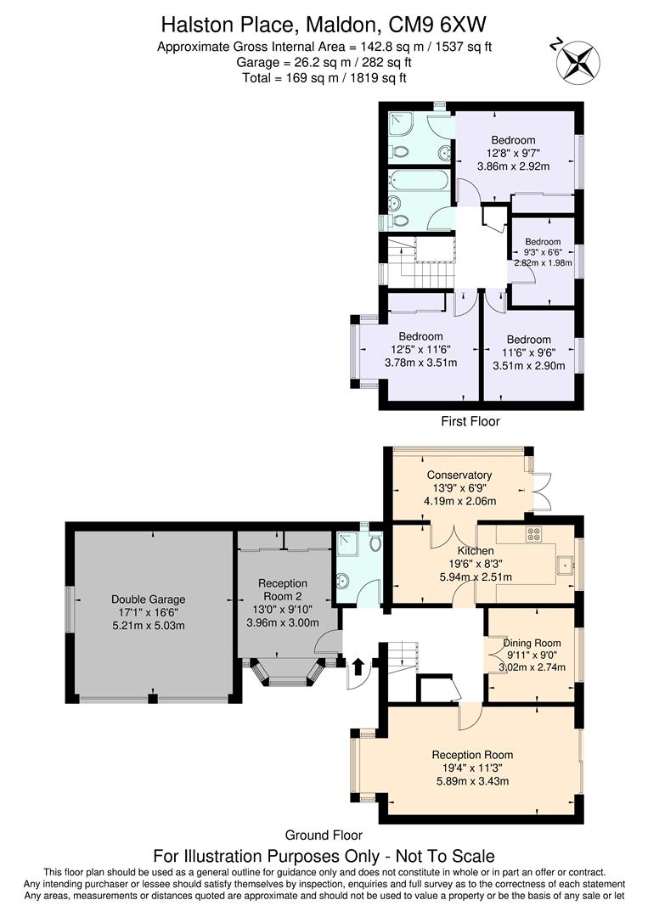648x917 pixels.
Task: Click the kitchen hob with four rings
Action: coord(535,534)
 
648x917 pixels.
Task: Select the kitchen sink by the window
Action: coord(564,565)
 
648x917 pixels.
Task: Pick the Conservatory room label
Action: coord(459,475)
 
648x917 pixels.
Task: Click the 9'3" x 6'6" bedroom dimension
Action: coord(543,251)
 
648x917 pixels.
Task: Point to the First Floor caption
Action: coord(470,421)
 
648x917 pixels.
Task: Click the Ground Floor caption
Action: coord(323,835)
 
